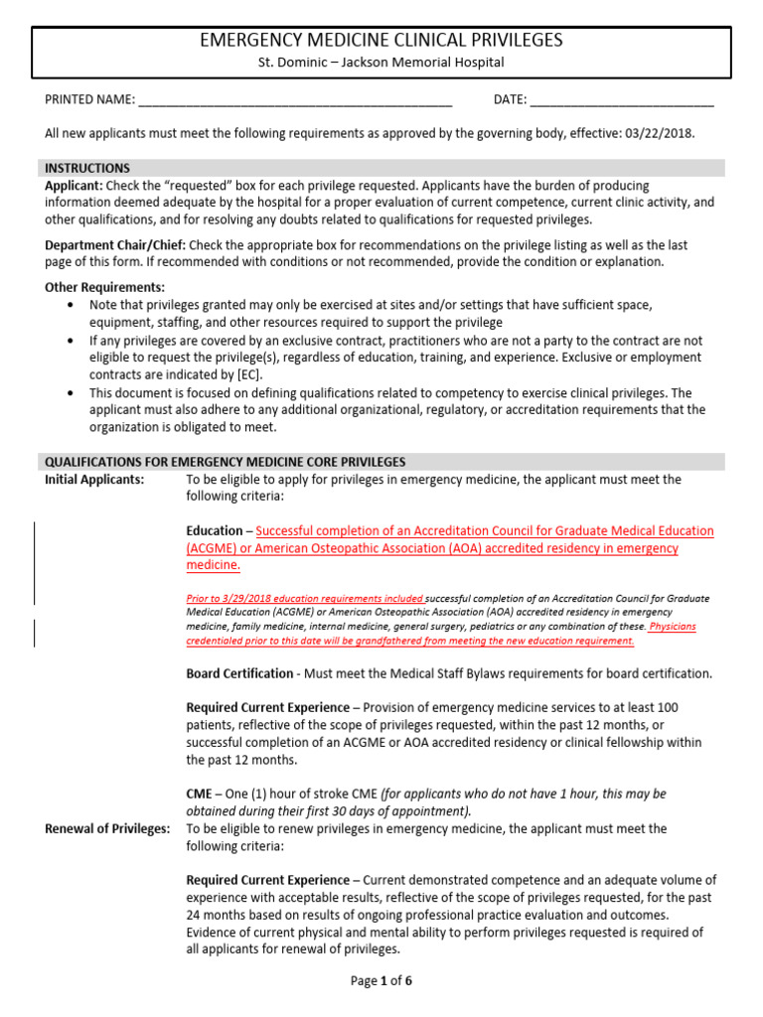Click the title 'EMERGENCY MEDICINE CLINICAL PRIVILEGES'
[x=381, y=41]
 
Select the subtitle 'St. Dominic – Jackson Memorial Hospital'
[x=381, y=63]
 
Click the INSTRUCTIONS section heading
[x=87, y=168]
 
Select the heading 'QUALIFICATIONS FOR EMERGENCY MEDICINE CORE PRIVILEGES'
[x=226, y=462]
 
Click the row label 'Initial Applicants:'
[x=94, y=480]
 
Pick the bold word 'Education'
[x=214, y=531]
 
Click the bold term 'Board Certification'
[x=239, y=673]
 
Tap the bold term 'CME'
[x=200, y=794]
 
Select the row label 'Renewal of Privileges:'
[x=107, y=828]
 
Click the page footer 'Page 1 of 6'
[x=381, y=981]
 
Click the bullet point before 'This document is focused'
[x=70, y=392]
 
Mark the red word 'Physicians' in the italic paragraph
[x=673, y=627]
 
